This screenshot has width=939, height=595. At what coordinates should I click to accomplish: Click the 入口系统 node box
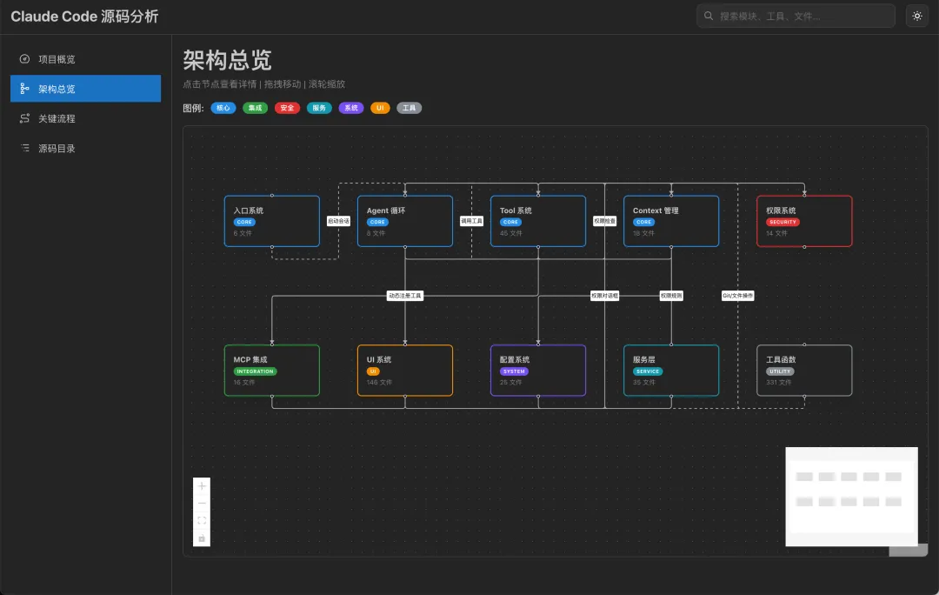click(271, 221)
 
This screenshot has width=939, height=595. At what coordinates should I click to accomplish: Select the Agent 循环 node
click(404, 221)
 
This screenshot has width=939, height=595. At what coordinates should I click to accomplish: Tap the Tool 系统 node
click(537, 221)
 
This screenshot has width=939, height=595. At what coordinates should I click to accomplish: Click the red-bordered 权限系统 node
click(803, 221)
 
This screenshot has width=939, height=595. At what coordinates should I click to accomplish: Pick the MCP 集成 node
click(271, 371)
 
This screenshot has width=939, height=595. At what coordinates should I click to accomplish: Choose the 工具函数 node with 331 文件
click(803, 371)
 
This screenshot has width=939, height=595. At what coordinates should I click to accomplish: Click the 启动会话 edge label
click(338, 221)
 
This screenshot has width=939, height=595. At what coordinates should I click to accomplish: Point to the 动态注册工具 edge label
click(404, 296)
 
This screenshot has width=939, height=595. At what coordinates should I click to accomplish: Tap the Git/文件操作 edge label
click(737, 296)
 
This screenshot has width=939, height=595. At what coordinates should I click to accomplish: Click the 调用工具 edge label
click(471, 221)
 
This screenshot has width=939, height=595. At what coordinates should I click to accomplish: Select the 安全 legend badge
click(287, 108)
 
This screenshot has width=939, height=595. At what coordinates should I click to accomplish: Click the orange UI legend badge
click(380, 108)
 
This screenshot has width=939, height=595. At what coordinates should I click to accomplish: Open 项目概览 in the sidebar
click(57, 59)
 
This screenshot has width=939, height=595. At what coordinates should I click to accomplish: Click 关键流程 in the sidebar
click(57, 118)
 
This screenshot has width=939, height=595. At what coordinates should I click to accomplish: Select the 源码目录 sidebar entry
click(57, 148)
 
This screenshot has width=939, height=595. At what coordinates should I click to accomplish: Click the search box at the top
click(796, 16)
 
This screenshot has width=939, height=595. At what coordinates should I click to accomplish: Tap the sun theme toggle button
click(916, 16)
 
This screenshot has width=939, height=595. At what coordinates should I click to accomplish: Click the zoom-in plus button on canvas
click(202, 486)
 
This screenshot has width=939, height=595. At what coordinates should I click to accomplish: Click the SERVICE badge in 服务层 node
click(647, 371)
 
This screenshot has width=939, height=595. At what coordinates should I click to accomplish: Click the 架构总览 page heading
click(227, 60)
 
